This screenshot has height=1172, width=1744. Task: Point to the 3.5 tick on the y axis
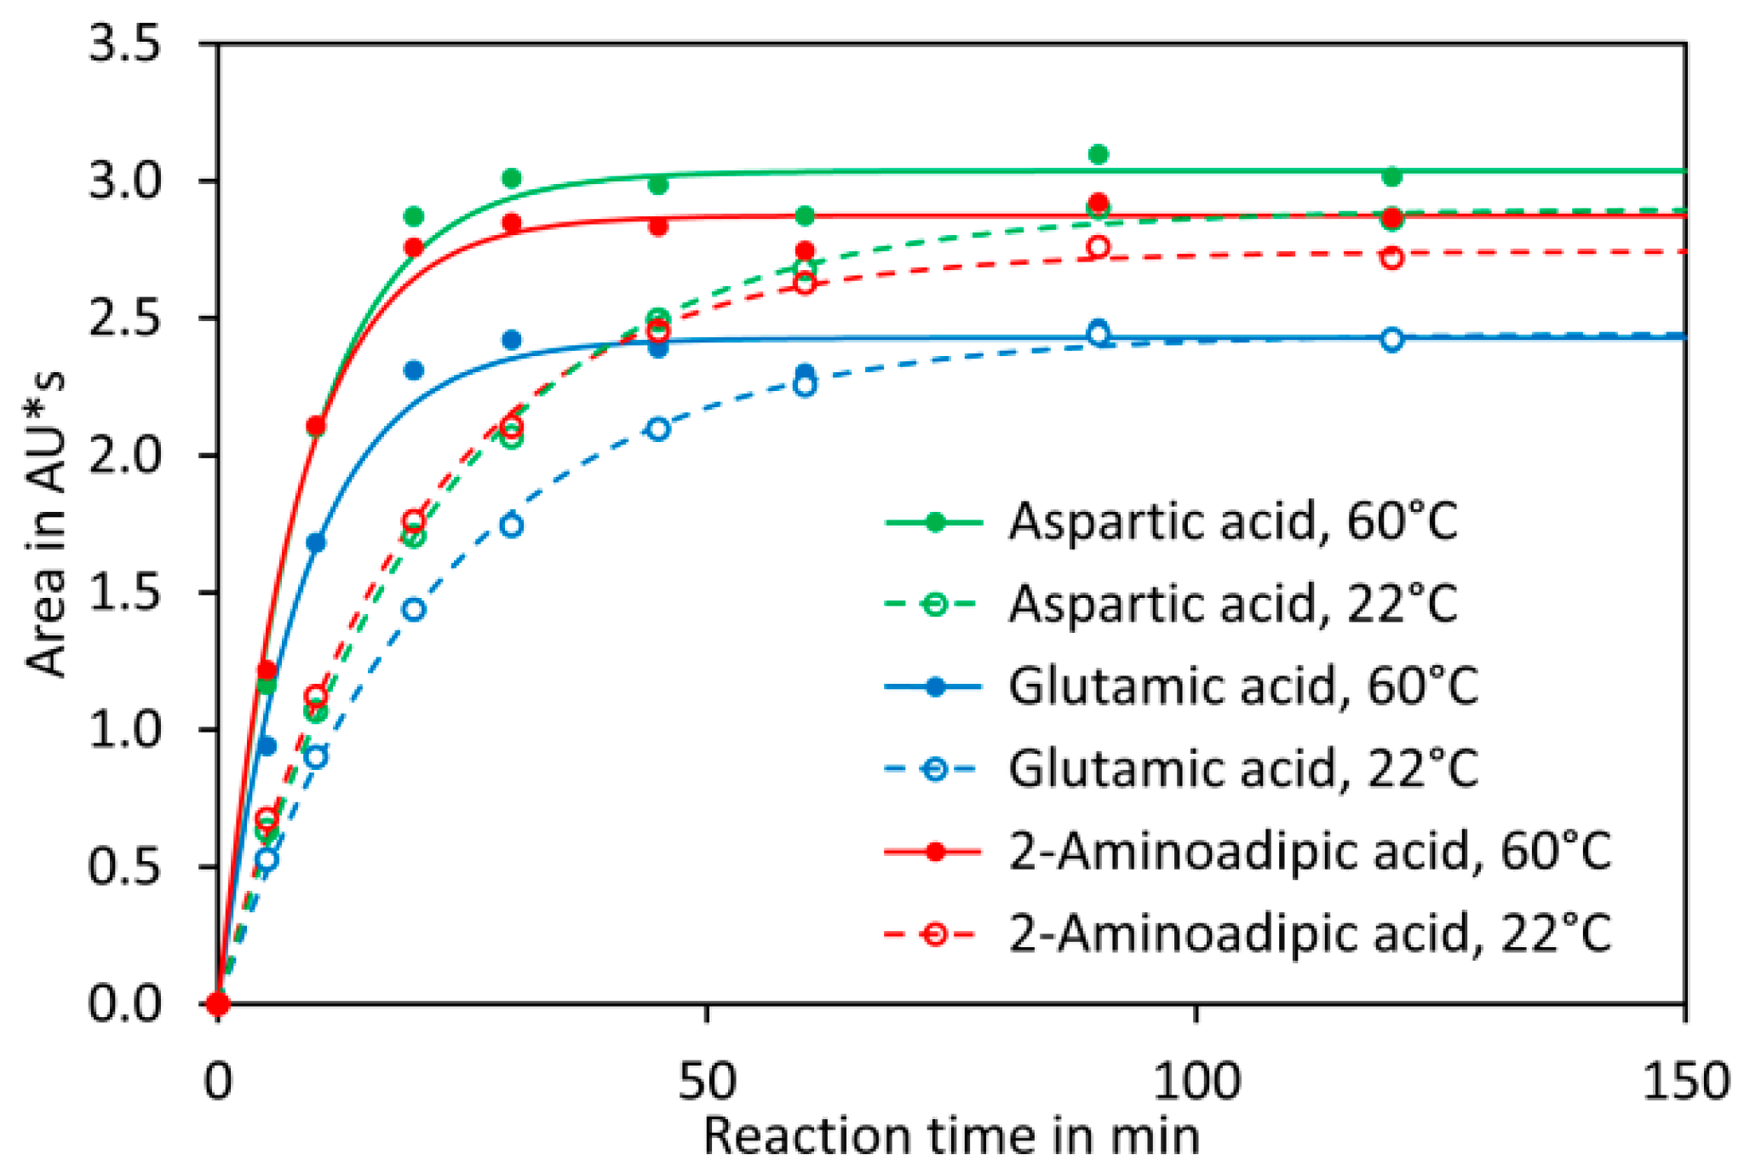[124, 43]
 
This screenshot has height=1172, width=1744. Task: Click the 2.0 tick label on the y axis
[124, 456]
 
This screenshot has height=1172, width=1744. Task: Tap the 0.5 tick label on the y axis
[124, 867]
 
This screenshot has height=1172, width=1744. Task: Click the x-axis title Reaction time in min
[951, 1136]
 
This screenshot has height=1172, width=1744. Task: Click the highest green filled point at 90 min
[1099, 154]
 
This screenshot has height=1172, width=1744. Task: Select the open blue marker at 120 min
[1391, 339]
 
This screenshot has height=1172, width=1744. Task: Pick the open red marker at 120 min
[1391, 257]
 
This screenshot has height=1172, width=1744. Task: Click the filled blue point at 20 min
[414, 371]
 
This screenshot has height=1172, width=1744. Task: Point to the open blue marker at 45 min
[658, 428]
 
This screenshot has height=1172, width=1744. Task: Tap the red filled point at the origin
[218, 1004]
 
